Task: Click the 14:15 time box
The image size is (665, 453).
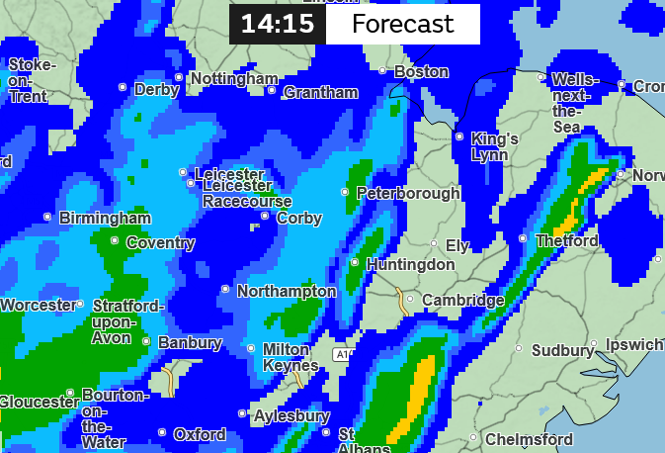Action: click(x=278, y=25)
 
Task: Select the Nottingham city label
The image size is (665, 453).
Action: click(x=233, y=78)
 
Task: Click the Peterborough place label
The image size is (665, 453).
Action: click(x=408, y=193)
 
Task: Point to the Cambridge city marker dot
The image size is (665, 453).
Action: click(x=410, y=299)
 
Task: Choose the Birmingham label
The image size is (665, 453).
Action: click(x=105, y=218)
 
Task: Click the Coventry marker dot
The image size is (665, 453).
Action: click(x=115, y=240)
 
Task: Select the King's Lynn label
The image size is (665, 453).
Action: click(x=495, y=146)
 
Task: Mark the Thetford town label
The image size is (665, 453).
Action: click(x=566, y=240)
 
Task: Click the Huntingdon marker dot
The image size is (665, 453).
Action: click(x=355, y=262)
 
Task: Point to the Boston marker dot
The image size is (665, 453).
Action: click(x=383, y=70)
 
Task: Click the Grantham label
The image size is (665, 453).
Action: click(x=320, y=92)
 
